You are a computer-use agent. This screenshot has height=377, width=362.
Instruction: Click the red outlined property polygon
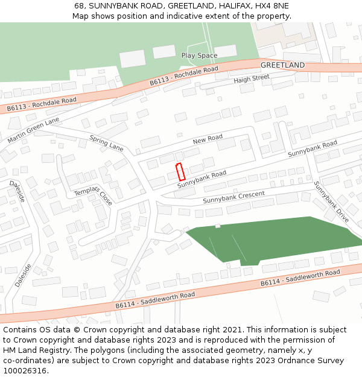(x=180, y=172)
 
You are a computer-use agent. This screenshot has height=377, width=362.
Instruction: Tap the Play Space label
(x=199, y=55)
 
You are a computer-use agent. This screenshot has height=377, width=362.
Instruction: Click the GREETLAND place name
(x=282, y=65)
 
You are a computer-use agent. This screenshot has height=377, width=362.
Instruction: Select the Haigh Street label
(x=252, y=79)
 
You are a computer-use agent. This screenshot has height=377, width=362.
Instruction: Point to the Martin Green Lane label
(x=34, y=130)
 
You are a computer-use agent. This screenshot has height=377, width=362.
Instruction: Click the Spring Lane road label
(x=106, y=143)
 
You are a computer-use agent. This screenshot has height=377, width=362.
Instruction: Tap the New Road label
(x=208, y=140)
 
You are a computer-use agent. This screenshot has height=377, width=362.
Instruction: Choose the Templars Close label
(x=93, y=196)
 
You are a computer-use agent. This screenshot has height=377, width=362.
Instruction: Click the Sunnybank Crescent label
(x=233, y=197)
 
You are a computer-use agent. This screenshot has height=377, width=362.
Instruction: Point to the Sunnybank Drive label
(x=331, y=202)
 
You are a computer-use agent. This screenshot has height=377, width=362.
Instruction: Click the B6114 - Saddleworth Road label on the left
(x=155, y=300)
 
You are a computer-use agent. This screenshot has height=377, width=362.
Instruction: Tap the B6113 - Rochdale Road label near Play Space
(x=184, y=77)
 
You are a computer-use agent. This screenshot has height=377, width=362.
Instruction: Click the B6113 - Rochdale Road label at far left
(x=42, y=104)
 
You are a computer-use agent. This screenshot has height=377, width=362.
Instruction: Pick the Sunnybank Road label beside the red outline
(x=202, y=180)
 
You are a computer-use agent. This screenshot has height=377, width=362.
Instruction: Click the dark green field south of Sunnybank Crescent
(x=271, y=240)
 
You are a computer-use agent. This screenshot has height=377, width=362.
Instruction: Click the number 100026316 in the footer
(x=25, y=370)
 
